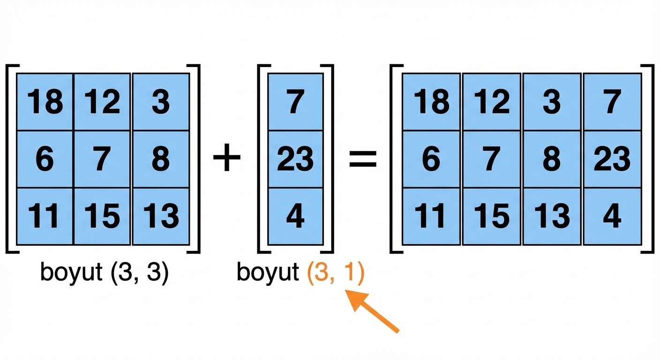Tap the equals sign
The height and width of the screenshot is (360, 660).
(x=363, y=159)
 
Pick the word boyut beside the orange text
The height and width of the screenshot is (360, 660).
(x=268, y=273)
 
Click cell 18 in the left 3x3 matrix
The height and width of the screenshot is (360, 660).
(x=45, y=102)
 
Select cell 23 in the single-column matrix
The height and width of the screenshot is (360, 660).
(x=295, y=159)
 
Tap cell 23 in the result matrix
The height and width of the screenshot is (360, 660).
(x=612, y=159)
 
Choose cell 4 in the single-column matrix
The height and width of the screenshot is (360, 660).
(x=295, y=216)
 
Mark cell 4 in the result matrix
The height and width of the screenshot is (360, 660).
(x=612, y=216)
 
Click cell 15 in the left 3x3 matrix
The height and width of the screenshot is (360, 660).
(x=103, y=216)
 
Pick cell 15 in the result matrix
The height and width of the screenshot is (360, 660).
(x=492, y=216)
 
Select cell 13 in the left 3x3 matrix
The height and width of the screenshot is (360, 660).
(x=160, y=216)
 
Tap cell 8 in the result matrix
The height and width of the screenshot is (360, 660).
(x=552, y=159)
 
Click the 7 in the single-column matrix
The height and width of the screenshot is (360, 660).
(x=295, y=102)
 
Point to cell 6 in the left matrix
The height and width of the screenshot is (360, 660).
(x=45, y=159)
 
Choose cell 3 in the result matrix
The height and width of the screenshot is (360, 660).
(x=552, y=102)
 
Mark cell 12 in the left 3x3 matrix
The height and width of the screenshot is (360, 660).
(x=103, y=102)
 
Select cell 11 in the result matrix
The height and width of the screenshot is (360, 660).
(x=431, y=216)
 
